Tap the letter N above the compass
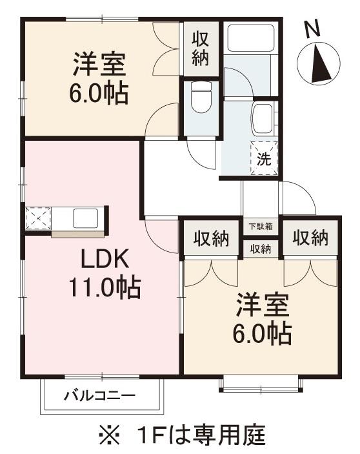click(313, 28)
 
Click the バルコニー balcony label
click(99, 395)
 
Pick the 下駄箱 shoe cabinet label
click(261, 227)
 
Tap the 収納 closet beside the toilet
click(199, 47)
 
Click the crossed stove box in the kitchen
click(37, 219)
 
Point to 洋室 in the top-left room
click(99, 65)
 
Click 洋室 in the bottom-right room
click(261, 304)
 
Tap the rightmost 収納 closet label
click(310, 238)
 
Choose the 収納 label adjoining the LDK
click(212, 239)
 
